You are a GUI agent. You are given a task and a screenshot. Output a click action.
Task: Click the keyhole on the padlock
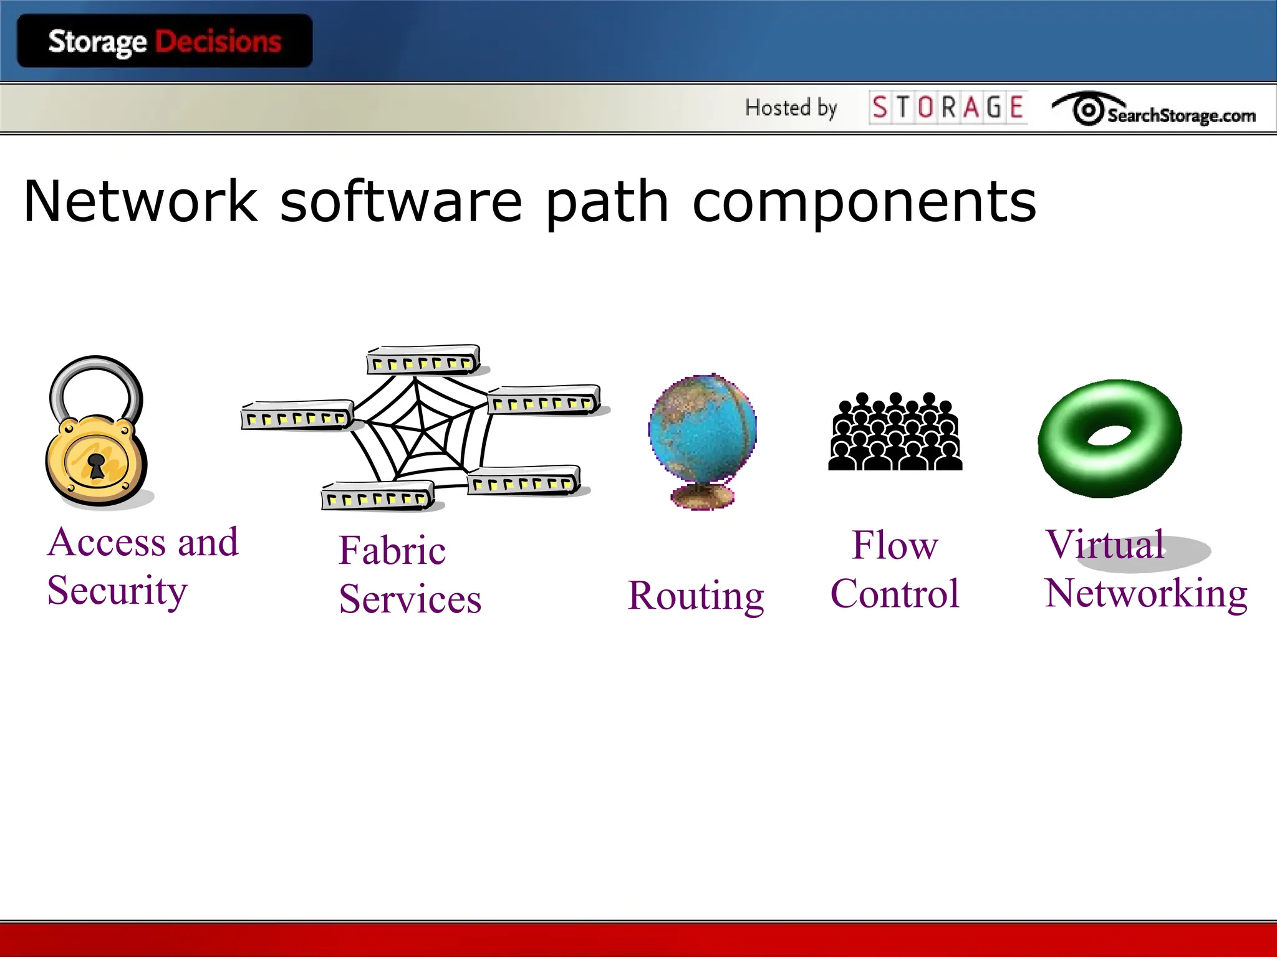coord(96,464)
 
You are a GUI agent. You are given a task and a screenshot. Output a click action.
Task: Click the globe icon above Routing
coord(703,430)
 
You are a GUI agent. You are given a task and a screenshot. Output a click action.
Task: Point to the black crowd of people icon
coord(895,432)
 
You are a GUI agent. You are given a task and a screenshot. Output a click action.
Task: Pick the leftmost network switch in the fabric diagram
coord(297,415)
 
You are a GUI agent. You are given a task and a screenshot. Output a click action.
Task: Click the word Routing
coord(696,596)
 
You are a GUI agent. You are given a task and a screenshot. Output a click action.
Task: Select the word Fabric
coord(392,550)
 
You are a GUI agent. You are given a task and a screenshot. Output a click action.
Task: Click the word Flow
coord(895,545)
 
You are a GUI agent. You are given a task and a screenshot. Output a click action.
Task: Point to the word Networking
coord(1146,593)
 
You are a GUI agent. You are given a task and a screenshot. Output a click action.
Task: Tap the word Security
coord(117,591)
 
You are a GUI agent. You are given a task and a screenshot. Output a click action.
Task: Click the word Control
coord(895,593)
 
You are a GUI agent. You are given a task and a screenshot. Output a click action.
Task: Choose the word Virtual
coord(1105,545)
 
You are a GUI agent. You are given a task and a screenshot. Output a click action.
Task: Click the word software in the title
coord(401,201)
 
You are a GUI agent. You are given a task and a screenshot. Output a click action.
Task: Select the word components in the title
coord(864,201)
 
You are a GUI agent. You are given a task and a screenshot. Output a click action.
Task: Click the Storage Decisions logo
coord(165,42)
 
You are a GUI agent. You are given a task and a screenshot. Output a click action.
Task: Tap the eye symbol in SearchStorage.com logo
coord(1088,110)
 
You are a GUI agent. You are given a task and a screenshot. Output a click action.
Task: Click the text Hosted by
coord(791,108)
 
